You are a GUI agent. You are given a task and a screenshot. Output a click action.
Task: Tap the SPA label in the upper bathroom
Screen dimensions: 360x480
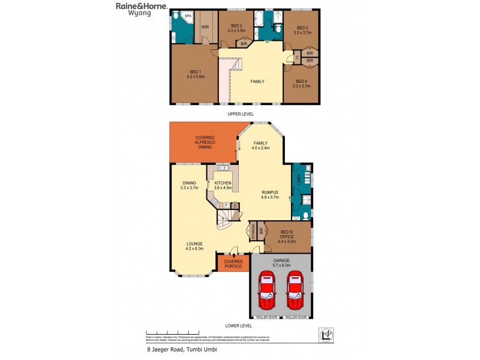point(187,16)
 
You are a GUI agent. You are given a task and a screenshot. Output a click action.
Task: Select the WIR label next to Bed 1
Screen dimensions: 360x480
point(205,27)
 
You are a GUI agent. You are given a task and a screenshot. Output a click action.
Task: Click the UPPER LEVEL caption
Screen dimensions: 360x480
point(241,113)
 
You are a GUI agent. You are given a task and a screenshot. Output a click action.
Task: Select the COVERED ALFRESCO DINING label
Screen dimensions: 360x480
point(205,142)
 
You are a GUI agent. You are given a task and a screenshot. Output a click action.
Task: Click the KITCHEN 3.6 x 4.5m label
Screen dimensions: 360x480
point(223,185)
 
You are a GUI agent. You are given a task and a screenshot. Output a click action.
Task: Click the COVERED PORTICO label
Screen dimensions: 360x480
point(233,263)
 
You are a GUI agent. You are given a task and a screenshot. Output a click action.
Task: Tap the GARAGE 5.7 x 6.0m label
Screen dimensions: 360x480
point(281,262)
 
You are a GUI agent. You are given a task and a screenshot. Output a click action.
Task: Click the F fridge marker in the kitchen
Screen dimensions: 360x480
point(226,206)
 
